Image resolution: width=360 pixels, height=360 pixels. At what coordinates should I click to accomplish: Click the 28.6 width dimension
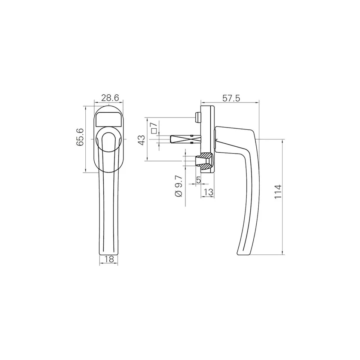click(110, 98)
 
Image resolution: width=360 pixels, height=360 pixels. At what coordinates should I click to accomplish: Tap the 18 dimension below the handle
click(109, 259)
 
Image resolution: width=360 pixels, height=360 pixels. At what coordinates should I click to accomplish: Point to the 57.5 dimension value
click(231, 98)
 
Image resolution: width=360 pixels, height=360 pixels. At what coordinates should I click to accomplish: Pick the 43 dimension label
click(141, 140)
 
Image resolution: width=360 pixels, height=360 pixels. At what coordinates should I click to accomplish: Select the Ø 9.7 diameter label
click(179, 186)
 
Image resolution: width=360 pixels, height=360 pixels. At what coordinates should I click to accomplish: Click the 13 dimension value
click(209, 192)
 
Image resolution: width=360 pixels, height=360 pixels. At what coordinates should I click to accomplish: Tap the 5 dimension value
click(198, 180)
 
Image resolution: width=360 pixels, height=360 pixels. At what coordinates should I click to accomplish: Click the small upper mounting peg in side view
click(197, 117)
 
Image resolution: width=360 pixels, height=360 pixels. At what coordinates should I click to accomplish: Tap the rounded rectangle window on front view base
click(109, 119)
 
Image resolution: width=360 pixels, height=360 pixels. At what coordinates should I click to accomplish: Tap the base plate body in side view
click(208, 123)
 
